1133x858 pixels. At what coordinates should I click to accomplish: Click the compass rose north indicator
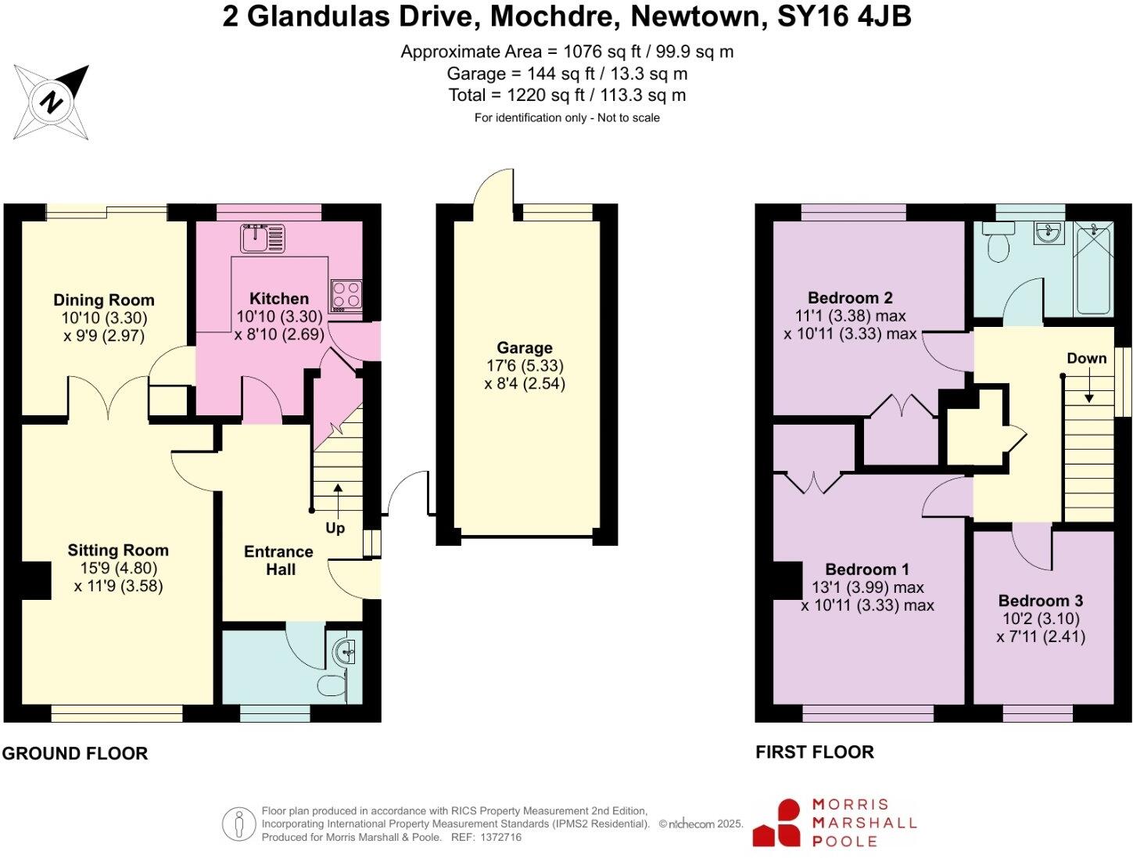[x=52, y=102]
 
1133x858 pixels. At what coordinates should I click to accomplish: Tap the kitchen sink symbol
[x=264, y=238]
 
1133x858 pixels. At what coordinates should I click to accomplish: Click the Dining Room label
[x=103, y=300]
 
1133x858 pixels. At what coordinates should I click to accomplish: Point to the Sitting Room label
[x=117, y=551]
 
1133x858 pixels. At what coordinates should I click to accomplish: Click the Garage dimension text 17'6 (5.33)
[x=524, y=366]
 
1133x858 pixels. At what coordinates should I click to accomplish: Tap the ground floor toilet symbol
[x=332, y=686]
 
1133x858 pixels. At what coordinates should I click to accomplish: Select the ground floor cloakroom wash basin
[x=345, y=651]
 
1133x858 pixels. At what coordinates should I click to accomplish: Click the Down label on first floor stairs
[x=1086, y=358]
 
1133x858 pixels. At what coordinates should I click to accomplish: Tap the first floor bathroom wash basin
[x=1048, y=232]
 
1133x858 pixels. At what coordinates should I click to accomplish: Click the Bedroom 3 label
[x=1040, y=601]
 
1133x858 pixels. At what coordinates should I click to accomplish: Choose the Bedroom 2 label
[x=849, y=298]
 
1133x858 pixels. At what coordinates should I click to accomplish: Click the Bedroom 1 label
[x=866, y=569]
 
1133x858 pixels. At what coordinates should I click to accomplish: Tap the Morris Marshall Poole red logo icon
[x=777, y=823]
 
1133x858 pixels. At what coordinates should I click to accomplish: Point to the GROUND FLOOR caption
[x=75, y=753]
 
